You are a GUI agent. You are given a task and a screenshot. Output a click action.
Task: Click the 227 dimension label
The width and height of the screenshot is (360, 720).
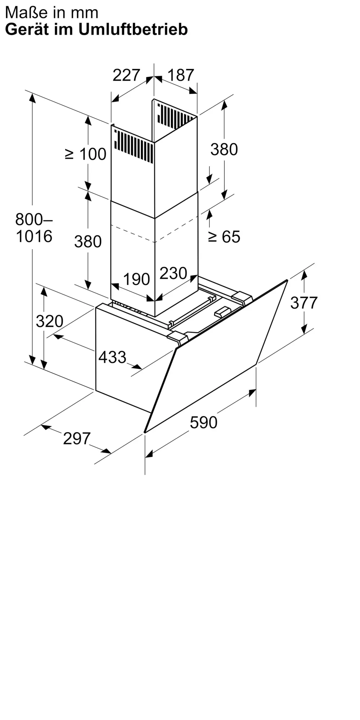click(x=126, y=75)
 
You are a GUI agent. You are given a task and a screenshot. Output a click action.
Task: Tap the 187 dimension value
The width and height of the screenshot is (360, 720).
click(x=181, y=75)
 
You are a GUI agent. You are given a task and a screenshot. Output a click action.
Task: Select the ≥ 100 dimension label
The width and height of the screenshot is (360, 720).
click(x=86, y=154)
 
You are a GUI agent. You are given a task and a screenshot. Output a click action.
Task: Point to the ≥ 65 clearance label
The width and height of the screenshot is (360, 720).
click(x=224, y=237)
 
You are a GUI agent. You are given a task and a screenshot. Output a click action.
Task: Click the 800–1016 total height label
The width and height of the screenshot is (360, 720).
click(x=34, y=228)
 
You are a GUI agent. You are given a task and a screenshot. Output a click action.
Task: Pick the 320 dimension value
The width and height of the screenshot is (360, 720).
click(x=50, y=321)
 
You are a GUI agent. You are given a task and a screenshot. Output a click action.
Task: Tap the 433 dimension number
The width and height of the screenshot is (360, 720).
click(x=112, y=357)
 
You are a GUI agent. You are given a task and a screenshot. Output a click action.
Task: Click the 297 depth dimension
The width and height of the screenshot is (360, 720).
click(x=77, y=438)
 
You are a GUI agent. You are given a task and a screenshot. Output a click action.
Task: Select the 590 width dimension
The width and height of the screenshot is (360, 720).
click(x=204, y=422)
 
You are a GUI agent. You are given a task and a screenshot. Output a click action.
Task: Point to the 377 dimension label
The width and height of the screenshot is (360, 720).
click(x=304, y=303)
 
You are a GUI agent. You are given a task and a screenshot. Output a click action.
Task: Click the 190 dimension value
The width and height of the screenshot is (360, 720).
click(x=136, y=279)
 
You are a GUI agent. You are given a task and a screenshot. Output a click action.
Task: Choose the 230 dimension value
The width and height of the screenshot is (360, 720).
click(x=173, y=273)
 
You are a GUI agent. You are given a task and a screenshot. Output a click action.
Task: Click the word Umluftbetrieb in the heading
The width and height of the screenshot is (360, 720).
click(x=133, y=30)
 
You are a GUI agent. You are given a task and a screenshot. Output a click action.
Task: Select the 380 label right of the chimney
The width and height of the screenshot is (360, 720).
click(x=224, y=149)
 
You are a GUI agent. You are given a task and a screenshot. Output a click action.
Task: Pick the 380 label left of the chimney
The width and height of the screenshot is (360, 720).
click(x=88, y=242)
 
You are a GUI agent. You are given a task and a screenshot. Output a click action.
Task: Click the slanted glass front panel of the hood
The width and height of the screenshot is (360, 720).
click(x=216, y=356)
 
